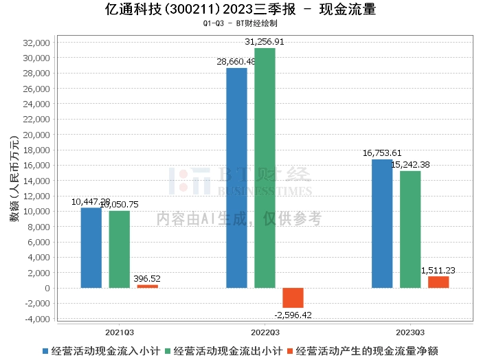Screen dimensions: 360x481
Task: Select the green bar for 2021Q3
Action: pyautogui.click(x=119, y=249)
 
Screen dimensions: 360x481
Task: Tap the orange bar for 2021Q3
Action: pyautogui.click(x=147, y=286)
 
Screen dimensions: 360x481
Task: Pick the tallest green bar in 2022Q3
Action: pyautogui.click(x=265, y=168)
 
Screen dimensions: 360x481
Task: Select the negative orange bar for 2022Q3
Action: pyautogui.click(x=293, y=297)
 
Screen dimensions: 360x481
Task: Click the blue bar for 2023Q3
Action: pyautogui.click(x=382, y=223)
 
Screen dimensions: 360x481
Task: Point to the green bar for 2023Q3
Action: pyautogui.click(x=410, y=229)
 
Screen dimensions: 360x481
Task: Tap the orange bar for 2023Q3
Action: pyautogui.click(x=438, y=282)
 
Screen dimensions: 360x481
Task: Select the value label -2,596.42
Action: pyautogui.click(x=293, y=315)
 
